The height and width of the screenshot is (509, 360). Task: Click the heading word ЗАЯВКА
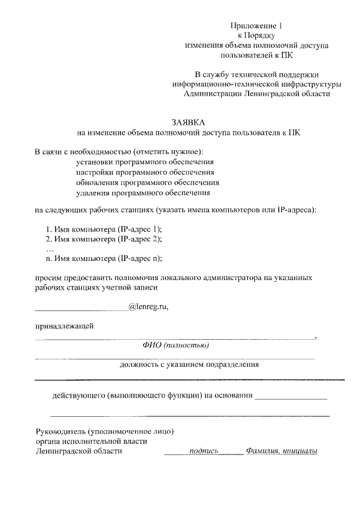pyautogui.click(x=188, y=123)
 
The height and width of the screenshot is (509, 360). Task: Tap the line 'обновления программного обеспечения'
pyautogui.click(x=147, y=183)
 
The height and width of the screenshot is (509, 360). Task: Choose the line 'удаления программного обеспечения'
pyautogui.click(x=143, y=193)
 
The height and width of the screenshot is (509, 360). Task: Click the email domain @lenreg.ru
pyautogui.click(x=148, y=307)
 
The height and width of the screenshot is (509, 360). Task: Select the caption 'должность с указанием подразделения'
pyautogui.click(x=189, y=364)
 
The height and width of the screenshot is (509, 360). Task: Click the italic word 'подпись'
pyautogui.click(x=204, y=451)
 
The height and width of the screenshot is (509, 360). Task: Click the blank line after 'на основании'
pyautogui.click(x=291, y=398)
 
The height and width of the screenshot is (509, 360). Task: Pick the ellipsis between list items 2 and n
pyautogui.click(x=49, y=249)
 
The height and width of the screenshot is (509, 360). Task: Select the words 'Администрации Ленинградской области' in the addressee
pyautogui.click(x=257, y=94)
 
